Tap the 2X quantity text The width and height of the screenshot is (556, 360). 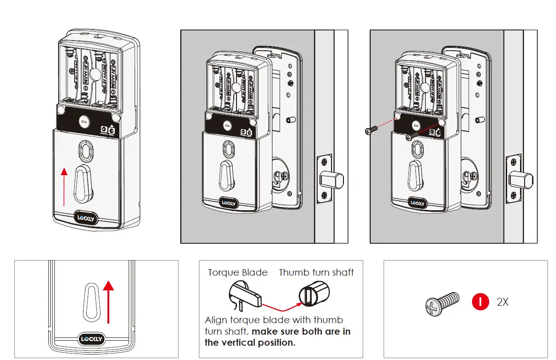[503, 302]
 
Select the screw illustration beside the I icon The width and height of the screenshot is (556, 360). [442, 303]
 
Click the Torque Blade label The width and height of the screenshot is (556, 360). [237, 272]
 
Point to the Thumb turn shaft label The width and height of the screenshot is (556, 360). [316, 272]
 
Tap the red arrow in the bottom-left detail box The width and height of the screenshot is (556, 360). [108, 302]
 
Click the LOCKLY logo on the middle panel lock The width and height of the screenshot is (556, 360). [229, 202]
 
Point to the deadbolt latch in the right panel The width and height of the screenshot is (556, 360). [520, 178]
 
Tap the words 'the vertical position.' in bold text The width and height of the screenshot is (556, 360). [249, 342]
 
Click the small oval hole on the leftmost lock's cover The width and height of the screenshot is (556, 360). [86, 149]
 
